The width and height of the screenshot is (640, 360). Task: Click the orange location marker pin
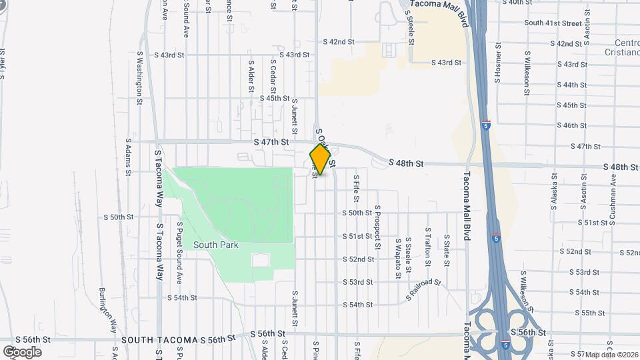point(321,159)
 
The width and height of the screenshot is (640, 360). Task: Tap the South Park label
point(215,245)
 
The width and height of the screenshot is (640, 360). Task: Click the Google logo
point(22,351)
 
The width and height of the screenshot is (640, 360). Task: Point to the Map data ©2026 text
point(612,354)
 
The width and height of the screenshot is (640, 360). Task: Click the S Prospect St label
point(377,227)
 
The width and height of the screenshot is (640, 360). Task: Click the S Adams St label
point(127,157)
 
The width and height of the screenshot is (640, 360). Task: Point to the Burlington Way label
point(107,309)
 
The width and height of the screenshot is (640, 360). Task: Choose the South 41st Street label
point(553,23)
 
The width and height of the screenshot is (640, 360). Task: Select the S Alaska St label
point(553,192)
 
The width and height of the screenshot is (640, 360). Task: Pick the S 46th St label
point(575,125)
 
